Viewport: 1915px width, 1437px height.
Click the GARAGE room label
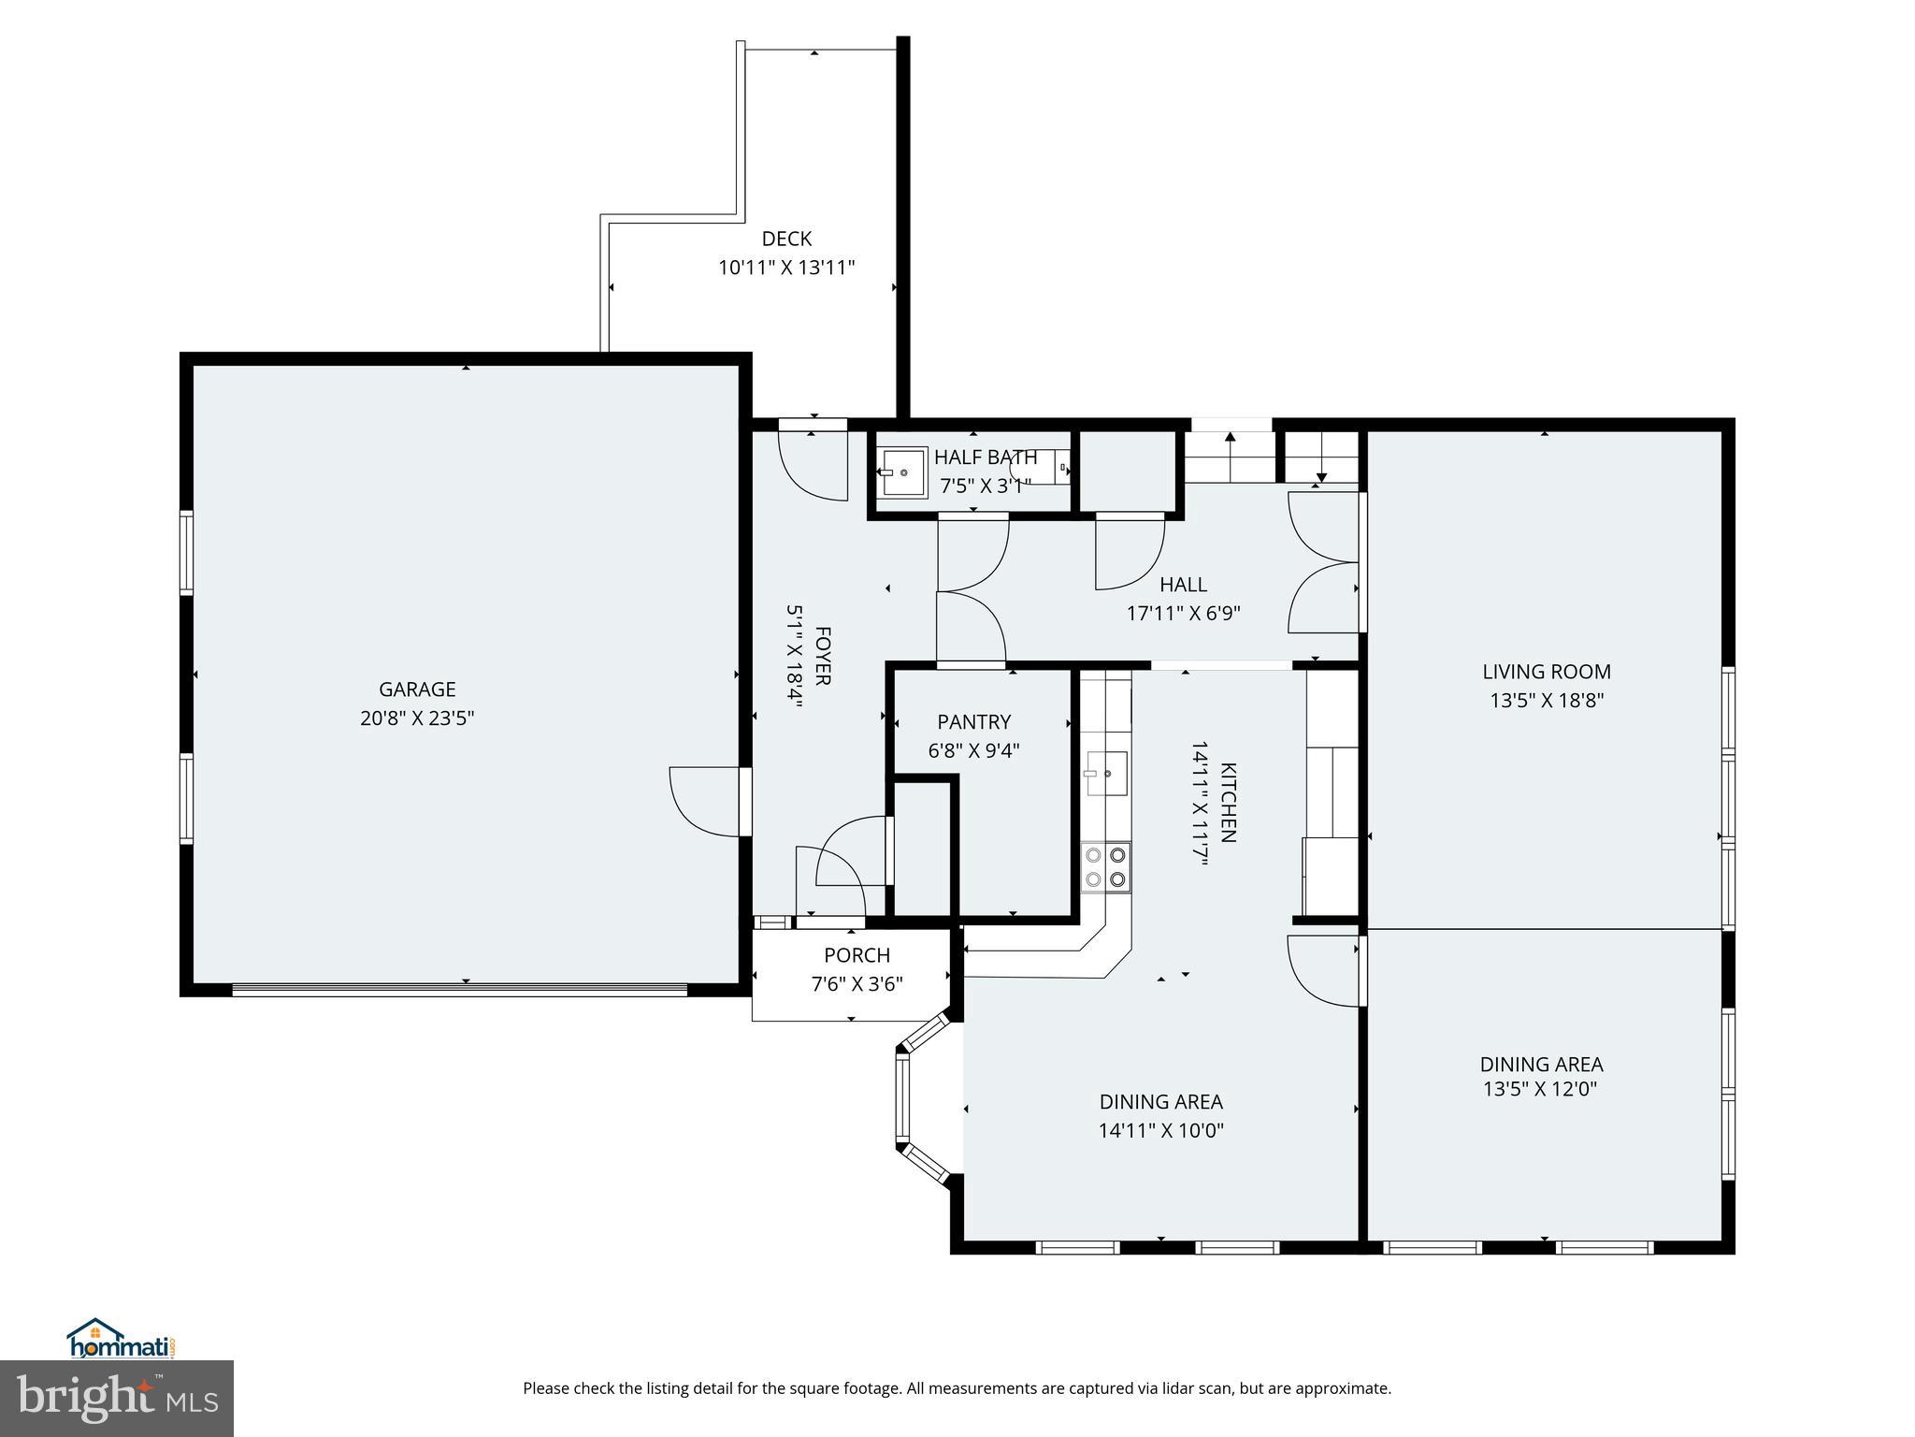[417, 689]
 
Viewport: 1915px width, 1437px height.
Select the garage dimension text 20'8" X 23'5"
[417, 718]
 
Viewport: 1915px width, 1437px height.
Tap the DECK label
[786, 239]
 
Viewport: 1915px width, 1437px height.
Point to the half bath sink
[902, 472]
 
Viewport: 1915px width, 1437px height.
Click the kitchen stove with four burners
[1105, 866]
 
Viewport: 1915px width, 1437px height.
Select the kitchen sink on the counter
[1106, 774]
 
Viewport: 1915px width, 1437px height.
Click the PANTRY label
[973, 722]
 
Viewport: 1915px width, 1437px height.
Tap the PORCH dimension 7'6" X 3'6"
[857, 984]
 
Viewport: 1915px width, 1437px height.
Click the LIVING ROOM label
[1547, 672]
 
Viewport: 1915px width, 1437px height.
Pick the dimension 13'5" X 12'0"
[1540, 1089]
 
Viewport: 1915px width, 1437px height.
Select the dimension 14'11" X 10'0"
[1160, 1130]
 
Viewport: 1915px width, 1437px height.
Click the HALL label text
[1183, 585]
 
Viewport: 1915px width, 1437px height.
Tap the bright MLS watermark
[117, 1398]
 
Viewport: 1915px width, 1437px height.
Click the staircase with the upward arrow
[1230, 457]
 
